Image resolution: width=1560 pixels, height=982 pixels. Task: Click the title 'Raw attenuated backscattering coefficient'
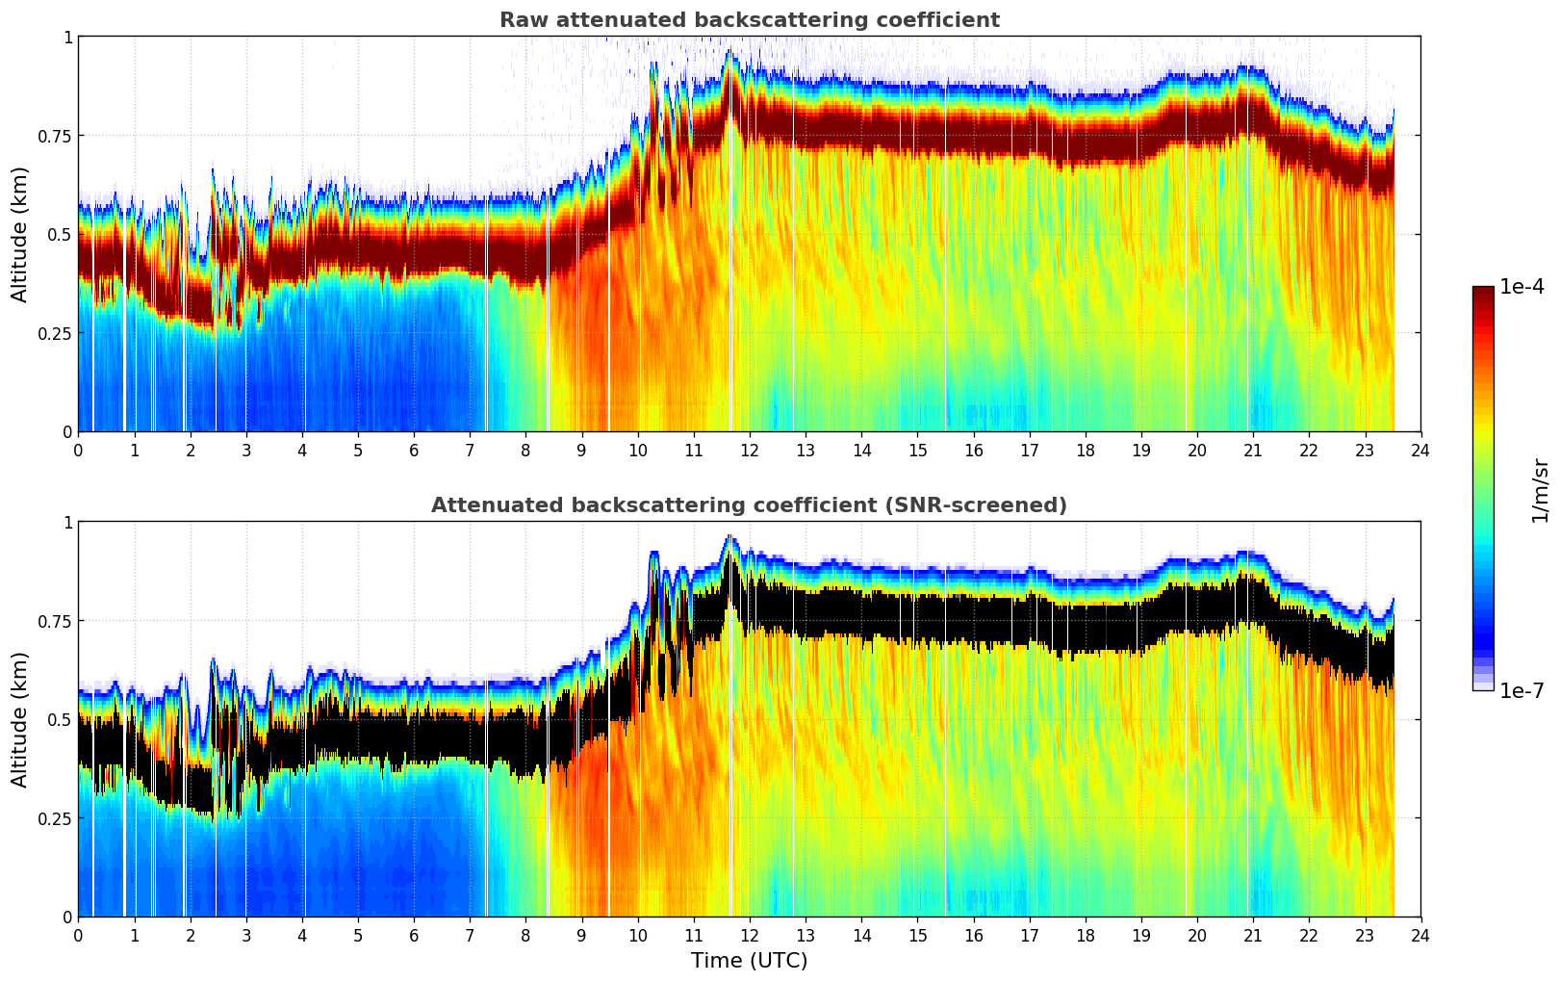coord(749,20)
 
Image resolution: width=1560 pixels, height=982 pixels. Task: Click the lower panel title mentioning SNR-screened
coord(749,505)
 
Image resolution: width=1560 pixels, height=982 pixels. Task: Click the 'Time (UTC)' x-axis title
coord(749,961)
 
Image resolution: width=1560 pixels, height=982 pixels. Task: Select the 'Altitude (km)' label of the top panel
coord(20,234)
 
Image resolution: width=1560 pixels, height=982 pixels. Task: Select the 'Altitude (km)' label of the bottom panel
coord(20,719)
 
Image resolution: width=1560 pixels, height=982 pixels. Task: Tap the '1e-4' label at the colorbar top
coord(1522,287)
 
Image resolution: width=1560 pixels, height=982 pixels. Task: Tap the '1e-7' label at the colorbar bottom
coord(1522,690)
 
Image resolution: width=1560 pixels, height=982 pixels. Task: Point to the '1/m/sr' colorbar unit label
coord(1540,490)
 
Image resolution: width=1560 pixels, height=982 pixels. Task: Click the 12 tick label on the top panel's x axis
coord(750,450)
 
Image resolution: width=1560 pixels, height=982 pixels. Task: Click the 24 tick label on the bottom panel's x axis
coord(1420,935)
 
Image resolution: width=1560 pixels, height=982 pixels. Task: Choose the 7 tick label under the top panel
coord(470,450)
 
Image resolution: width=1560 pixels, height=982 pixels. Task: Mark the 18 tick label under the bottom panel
coord(1086,935)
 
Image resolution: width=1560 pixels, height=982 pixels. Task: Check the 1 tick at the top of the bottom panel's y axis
coord(68,522)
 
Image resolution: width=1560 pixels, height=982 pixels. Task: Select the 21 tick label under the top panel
coord(1253,450)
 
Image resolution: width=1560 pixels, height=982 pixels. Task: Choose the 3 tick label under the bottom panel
coord(246,935)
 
